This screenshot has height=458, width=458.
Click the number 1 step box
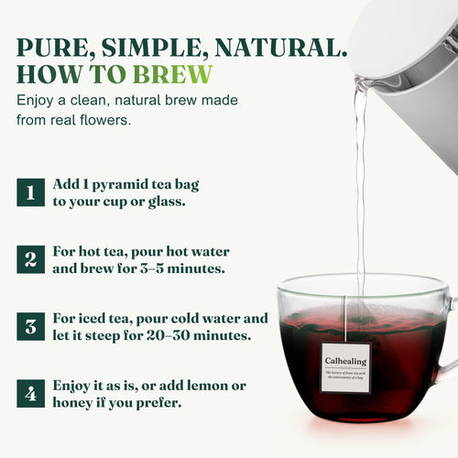[29, 192]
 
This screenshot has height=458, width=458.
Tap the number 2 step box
[29, 258]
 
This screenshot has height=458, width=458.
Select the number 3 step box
[29, 326]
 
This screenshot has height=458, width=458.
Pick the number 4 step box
[29, 394]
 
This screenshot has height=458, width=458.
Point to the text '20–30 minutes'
[210, 335]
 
